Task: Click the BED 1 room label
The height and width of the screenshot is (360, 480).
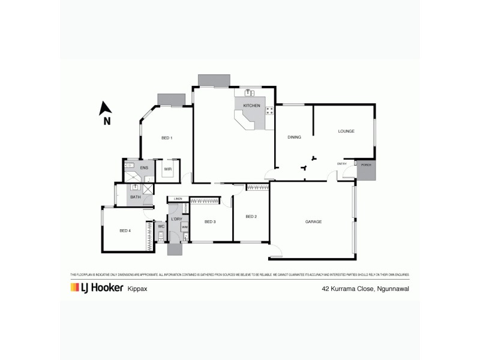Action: (167, 138)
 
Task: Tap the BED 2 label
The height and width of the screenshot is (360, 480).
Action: (251, 217)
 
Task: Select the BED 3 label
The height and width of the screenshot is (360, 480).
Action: (209, 222)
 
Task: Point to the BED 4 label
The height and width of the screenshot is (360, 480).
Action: (125, 230)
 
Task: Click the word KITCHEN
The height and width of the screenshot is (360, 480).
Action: (251, 106)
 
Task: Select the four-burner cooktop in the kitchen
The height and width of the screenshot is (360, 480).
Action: (269, 110)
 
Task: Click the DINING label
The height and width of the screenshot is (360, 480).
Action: (293, 137)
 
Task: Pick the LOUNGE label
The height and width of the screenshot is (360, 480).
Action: (346, 131)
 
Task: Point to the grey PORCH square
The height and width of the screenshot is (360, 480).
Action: (365, 170)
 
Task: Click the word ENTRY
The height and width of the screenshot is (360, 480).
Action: (342, 163)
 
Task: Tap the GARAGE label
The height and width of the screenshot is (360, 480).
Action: (313, 221)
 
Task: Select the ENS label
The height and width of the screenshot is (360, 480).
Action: (144, 167)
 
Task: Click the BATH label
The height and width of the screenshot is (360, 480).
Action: (136, 197)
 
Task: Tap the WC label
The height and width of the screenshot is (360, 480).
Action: (161, 226)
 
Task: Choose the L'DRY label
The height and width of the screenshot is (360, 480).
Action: (176, 219)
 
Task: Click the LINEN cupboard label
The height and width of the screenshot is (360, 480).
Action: (178, 199)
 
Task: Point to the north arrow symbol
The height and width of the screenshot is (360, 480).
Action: (106, 109)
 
